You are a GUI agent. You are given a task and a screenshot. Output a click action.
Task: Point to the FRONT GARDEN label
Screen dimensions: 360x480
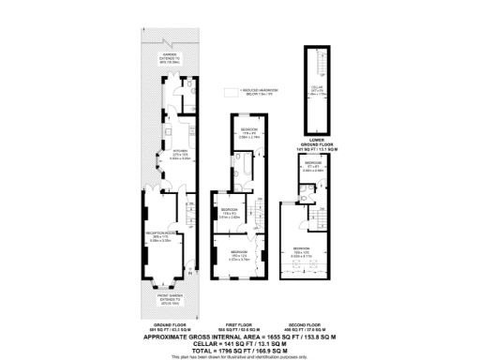pos(170,303)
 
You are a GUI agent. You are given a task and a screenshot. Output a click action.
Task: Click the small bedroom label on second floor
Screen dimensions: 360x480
pos(314,167)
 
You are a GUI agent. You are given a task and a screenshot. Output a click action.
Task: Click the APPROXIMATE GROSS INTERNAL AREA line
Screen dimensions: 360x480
pos(240,336)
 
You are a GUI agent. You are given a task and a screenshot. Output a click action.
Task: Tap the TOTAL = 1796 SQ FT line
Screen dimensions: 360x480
pos(240,349)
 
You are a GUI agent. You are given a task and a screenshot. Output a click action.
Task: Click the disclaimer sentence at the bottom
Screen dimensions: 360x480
pos(240,356)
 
